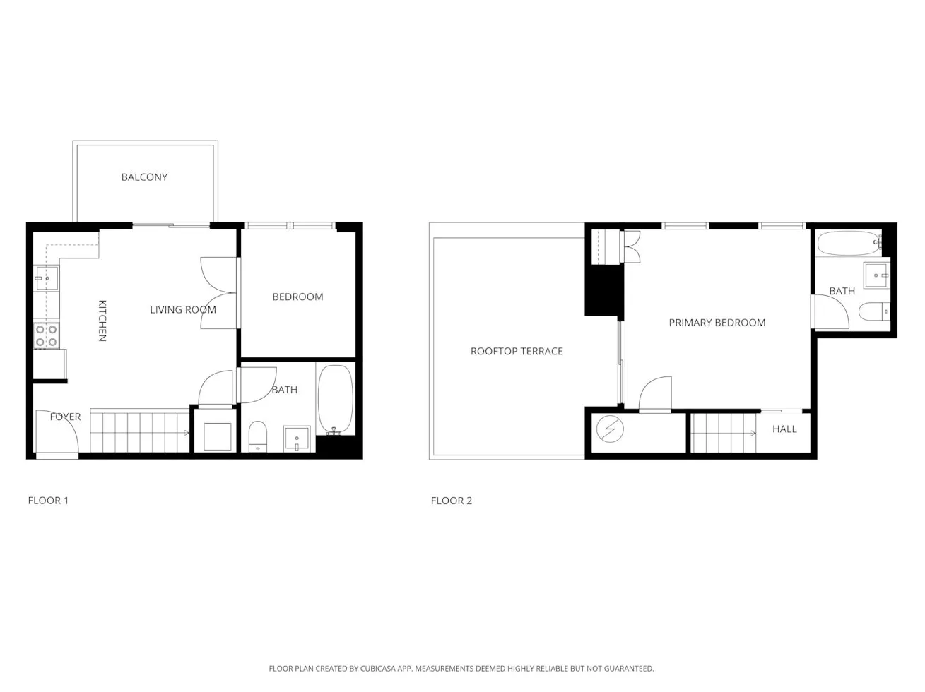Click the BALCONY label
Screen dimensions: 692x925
(x=144, y=177)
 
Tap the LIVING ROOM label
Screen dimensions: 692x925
(x=183, y=309)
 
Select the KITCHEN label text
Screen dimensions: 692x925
(x=102, y=321)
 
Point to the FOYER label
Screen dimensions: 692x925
(x=65, y=417)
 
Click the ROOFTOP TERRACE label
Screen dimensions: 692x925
(x=517, y=351)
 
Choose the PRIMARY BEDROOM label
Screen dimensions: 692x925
(x=717, y=323)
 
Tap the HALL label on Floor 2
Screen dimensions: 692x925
(x=784, y=429)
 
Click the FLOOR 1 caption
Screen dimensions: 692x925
(x=48, y=501)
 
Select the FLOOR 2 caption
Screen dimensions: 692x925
(x=451, y=501)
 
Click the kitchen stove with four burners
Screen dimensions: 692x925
(x=47, y=335)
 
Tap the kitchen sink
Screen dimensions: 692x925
(x=46, y=278)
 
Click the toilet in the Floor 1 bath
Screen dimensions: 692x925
(x=258, y=436)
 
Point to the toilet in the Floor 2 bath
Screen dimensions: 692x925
(x=873, y=311)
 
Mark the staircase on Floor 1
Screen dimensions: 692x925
(x=140, y=432)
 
